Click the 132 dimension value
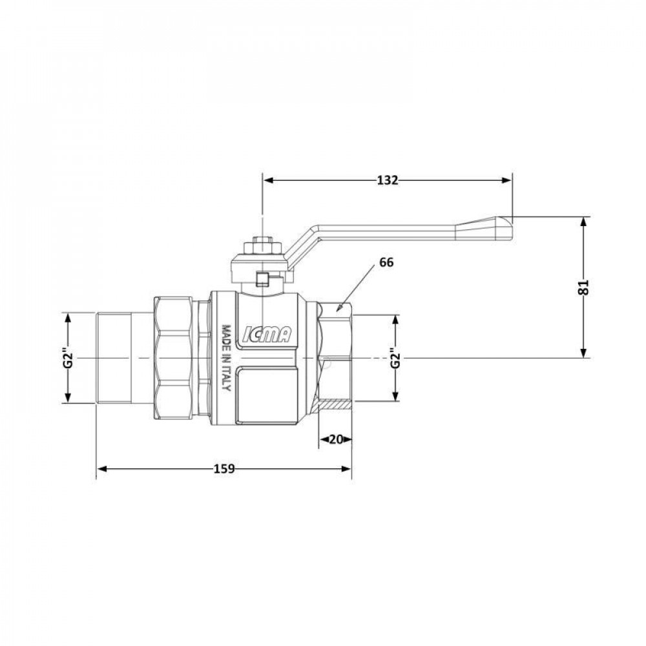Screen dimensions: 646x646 point(388,180)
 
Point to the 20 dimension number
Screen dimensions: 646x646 point(335,439)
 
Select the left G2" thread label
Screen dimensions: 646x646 point(67,359)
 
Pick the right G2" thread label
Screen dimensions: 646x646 point(396,358)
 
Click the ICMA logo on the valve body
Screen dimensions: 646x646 point(267,334)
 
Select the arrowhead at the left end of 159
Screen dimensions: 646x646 point(101,468)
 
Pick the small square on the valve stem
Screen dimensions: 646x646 point(262,280)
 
